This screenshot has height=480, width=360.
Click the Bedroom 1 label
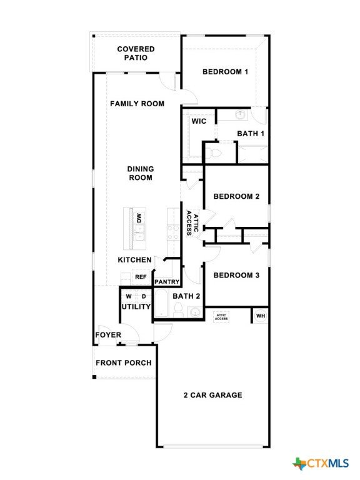tap(225, 72)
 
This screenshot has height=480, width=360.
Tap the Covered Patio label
tap(136, 53)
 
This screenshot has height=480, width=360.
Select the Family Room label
tap(137, 104)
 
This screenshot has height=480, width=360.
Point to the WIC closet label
tap(199, 121)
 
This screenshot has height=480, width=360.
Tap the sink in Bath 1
tap(241, 115)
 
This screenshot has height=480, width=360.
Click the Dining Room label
tap(141, 173)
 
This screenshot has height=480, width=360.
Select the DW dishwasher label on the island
tap(138, 218)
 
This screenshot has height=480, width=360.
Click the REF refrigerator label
tap(141, 277)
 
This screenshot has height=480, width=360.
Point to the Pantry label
tap(167, 282)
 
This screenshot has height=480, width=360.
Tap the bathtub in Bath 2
tap(161, 304)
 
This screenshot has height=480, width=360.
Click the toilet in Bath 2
tap(178, 309)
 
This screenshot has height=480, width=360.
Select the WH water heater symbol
tap(261, 316)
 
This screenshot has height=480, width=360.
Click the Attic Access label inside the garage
tap(221, 317)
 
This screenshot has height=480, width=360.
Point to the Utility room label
tap(136, 307)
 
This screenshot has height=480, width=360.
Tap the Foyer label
tap(108, 335)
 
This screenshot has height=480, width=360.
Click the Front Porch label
tap(124, 363)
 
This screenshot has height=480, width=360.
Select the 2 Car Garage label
tap(212, 395)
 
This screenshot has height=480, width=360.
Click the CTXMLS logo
tap(321, 463)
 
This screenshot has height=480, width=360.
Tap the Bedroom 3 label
tap(236, 275)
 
